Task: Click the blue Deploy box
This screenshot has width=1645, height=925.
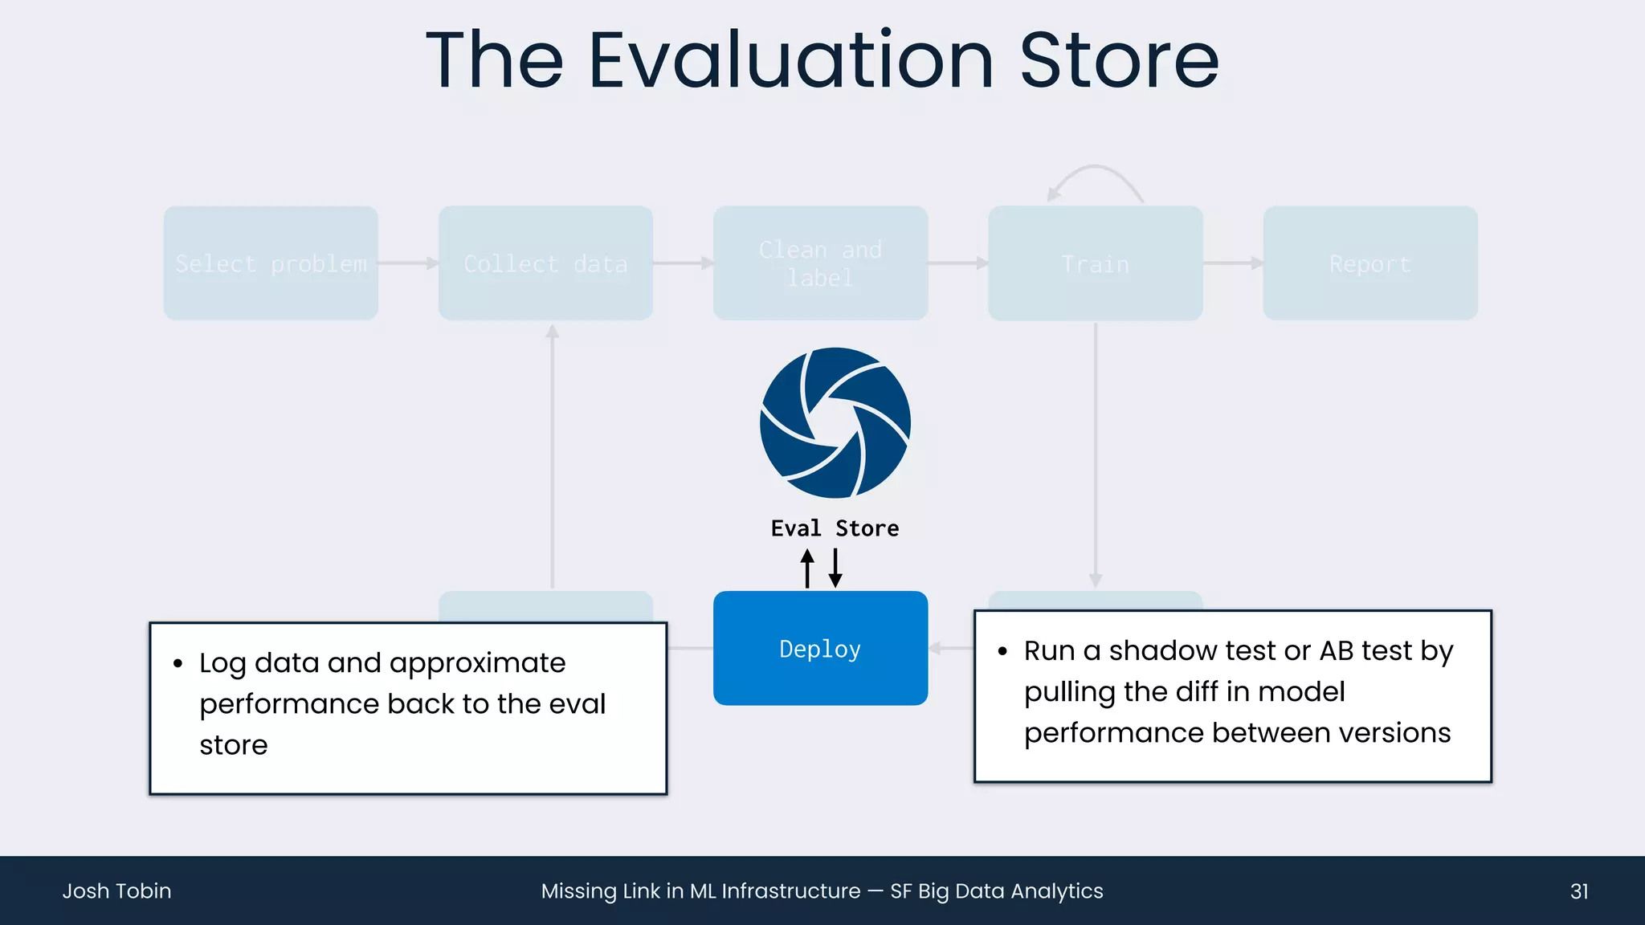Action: [x=820, y=648]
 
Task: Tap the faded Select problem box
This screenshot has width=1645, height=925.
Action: [x=271, y=263]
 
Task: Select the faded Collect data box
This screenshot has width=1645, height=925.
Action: [x=545, y=263]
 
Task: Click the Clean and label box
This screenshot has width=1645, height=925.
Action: [x=820, y=263]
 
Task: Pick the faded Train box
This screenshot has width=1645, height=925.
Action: [x=1095, y=263]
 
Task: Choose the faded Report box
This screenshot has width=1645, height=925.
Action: [x=1369, y=263]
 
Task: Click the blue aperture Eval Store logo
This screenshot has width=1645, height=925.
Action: [x=835, y=422]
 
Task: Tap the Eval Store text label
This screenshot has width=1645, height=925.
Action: [x=835, y=528]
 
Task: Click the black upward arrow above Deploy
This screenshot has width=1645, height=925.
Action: [x=807, y=568]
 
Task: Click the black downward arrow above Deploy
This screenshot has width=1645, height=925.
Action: [x=835, y=568]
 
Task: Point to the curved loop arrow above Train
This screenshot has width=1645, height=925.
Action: [x=1094, y=173]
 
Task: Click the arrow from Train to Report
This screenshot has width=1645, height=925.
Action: [x=1232, y=263]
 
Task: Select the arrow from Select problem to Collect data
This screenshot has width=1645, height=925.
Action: [x=408, y=263]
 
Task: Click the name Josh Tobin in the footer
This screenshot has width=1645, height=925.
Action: [x=116, y=891]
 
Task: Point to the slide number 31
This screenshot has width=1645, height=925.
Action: [x=1579, y=891]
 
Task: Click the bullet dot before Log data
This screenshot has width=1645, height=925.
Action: [x=178, y=663]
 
